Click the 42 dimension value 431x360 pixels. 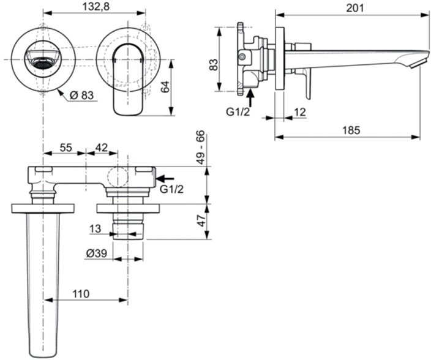[102, 148]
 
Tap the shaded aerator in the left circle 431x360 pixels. [42, 61]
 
